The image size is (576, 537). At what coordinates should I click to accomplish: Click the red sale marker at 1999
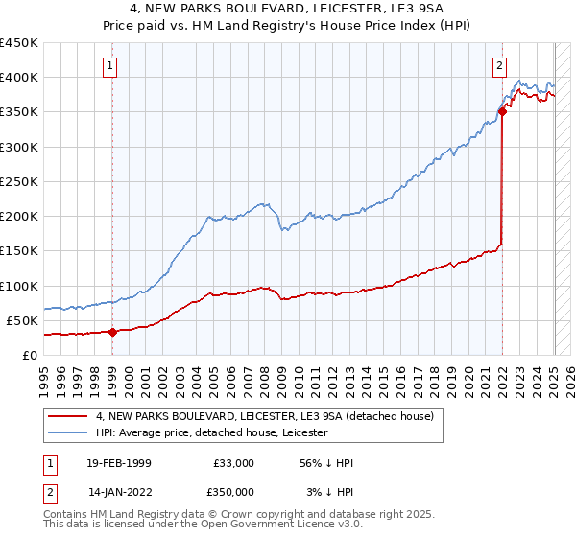tap(112, 333)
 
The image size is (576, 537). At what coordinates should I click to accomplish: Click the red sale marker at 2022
tap(502, 112)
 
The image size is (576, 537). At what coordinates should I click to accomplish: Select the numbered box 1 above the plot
tap(112, 66)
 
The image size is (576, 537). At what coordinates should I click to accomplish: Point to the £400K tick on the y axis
tap(19, 78)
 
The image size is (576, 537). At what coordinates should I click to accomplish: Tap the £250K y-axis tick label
tap(19, 181)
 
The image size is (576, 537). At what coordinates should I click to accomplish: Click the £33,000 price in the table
tap(231, 463)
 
